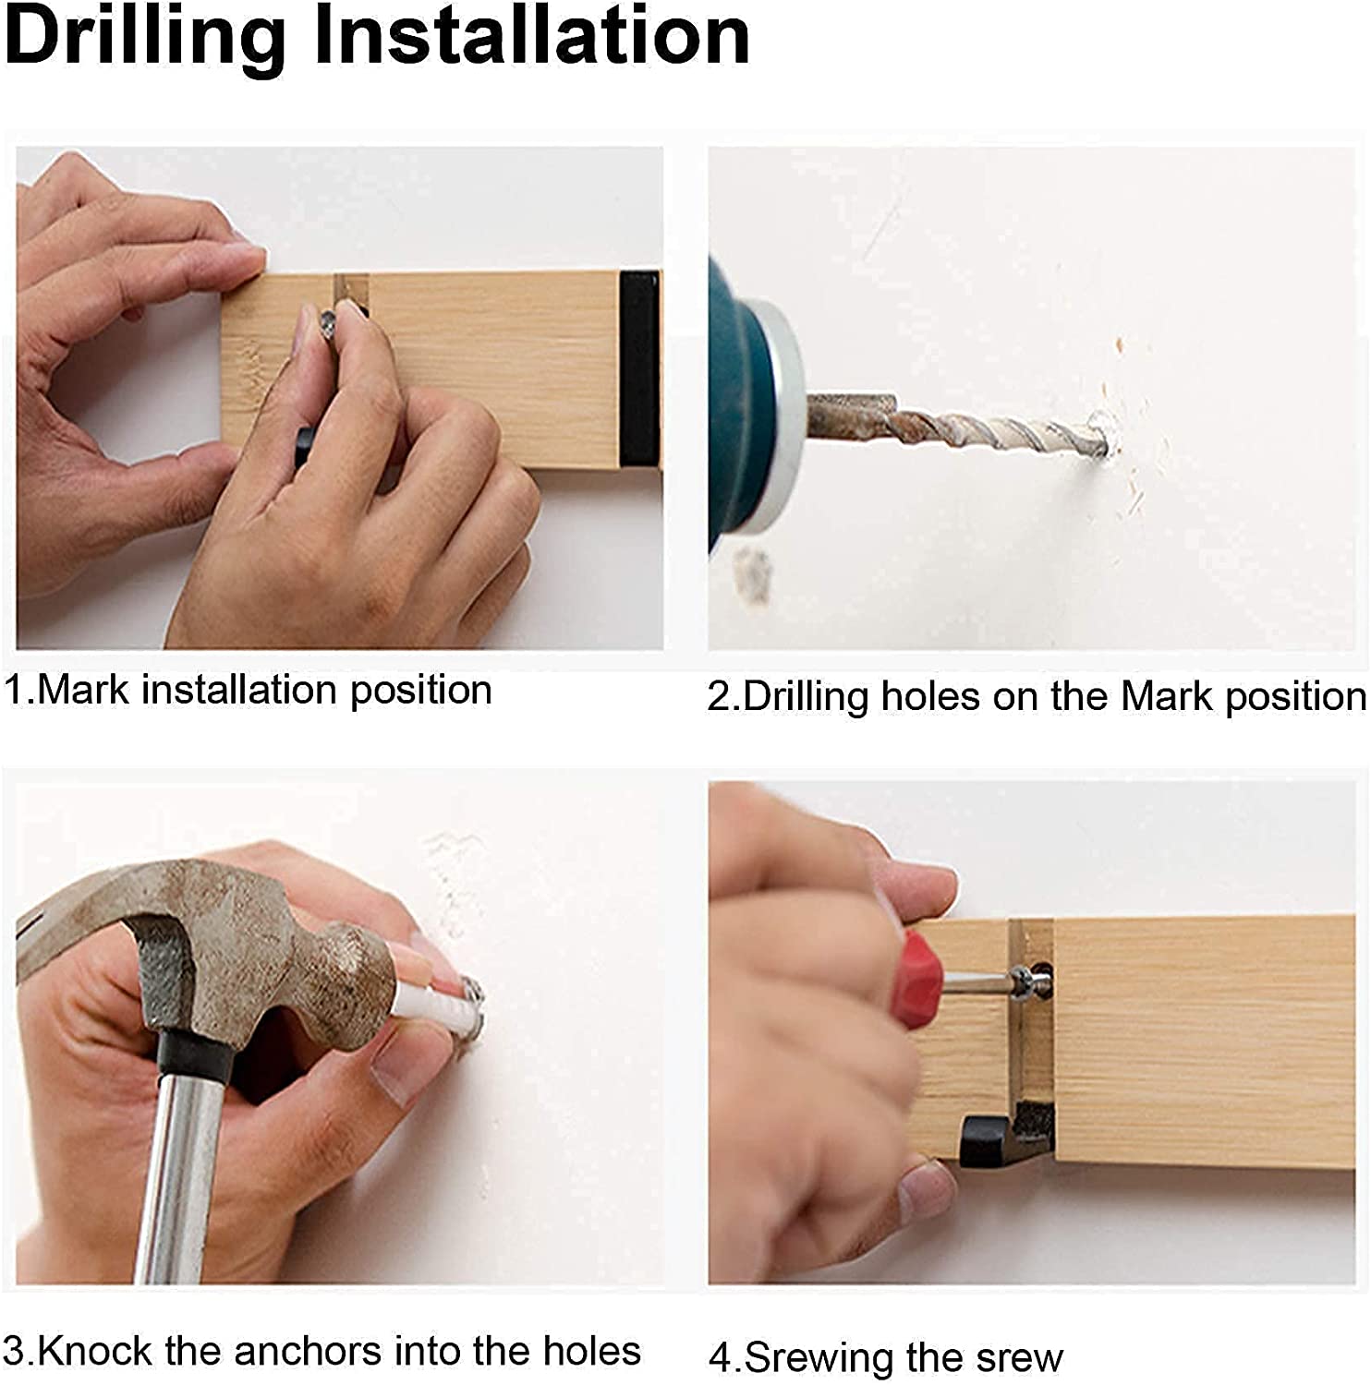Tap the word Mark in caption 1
[82, 690]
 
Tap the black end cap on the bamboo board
[639, 368]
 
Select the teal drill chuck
[744, 406]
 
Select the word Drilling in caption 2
[805, 697]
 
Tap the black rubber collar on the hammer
[194, 1056]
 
